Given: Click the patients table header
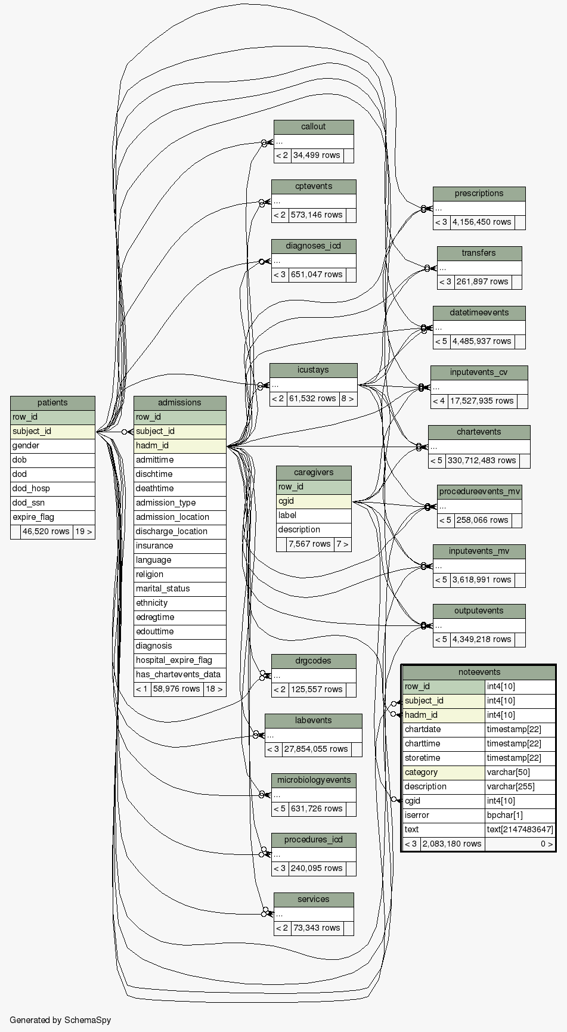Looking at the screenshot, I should (52, 402).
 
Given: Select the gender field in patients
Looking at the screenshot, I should (52, 445).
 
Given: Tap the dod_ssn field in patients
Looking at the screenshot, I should (52, 503).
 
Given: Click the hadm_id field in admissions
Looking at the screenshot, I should (179, 445).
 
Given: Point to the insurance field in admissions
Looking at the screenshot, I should (179, 546).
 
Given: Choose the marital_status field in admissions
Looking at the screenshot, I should (179, 588).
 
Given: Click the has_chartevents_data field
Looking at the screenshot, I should (179, 674).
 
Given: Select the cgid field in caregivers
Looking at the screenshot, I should (314, 501).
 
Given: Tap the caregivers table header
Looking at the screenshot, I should (314, 472).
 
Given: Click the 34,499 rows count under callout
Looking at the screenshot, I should (317, 155).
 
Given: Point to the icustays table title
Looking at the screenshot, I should (313, 370).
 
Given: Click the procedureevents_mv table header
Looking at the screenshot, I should (479, 491).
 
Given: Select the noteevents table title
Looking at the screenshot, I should (479, 672).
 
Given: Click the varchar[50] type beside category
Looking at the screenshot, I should (519, 772).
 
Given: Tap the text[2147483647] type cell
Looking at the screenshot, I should (519, 829).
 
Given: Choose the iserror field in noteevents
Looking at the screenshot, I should (443, 815).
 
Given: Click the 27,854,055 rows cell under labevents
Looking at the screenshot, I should (316, 749).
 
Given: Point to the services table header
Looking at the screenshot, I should (314, 899).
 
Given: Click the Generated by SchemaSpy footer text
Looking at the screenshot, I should (60, 1019).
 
